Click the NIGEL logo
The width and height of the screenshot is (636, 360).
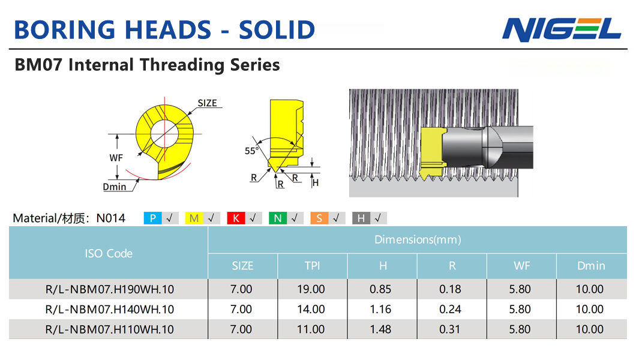click(x=562, y=29)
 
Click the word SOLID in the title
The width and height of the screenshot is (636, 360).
click(x=277, y=30)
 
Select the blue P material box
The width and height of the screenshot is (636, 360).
click(x=153, y=218)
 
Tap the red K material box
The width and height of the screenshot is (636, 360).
click(x=236, y=218)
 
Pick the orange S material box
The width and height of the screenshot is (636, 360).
click(x=319, y=218)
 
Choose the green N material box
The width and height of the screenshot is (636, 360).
click(x=278, y=218)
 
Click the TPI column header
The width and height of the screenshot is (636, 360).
click(x=313, y=266)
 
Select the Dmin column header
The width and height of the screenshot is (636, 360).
click(x=591, y=266)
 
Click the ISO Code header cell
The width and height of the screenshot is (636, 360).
click(x=109, y=253)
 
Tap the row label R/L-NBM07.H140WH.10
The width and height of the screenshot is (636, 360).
click(x=110, y=310)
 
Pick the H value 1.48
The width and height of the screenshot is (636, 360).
click(x=380, y=329)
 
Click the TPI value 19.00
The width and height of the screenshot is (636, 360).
click(x=311, y=289)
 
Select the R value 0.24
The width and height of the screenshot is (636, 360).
click(x=450, y=310)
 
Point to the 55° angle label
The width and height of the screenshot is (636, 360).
click(x=251, y=151)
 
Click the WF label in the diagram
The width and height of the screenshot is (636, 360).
click(x=116, y=158)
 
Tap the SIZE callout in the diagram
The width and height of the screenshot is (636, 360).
click(x=207, y=103)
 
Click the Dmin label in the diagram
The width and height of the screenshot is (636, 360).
click(x=115, y=187)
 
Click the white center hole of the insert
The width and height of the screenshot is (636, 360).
click(x=164, y=133)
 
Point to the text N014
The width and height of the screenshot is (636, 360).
click(x=111, y=218)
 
